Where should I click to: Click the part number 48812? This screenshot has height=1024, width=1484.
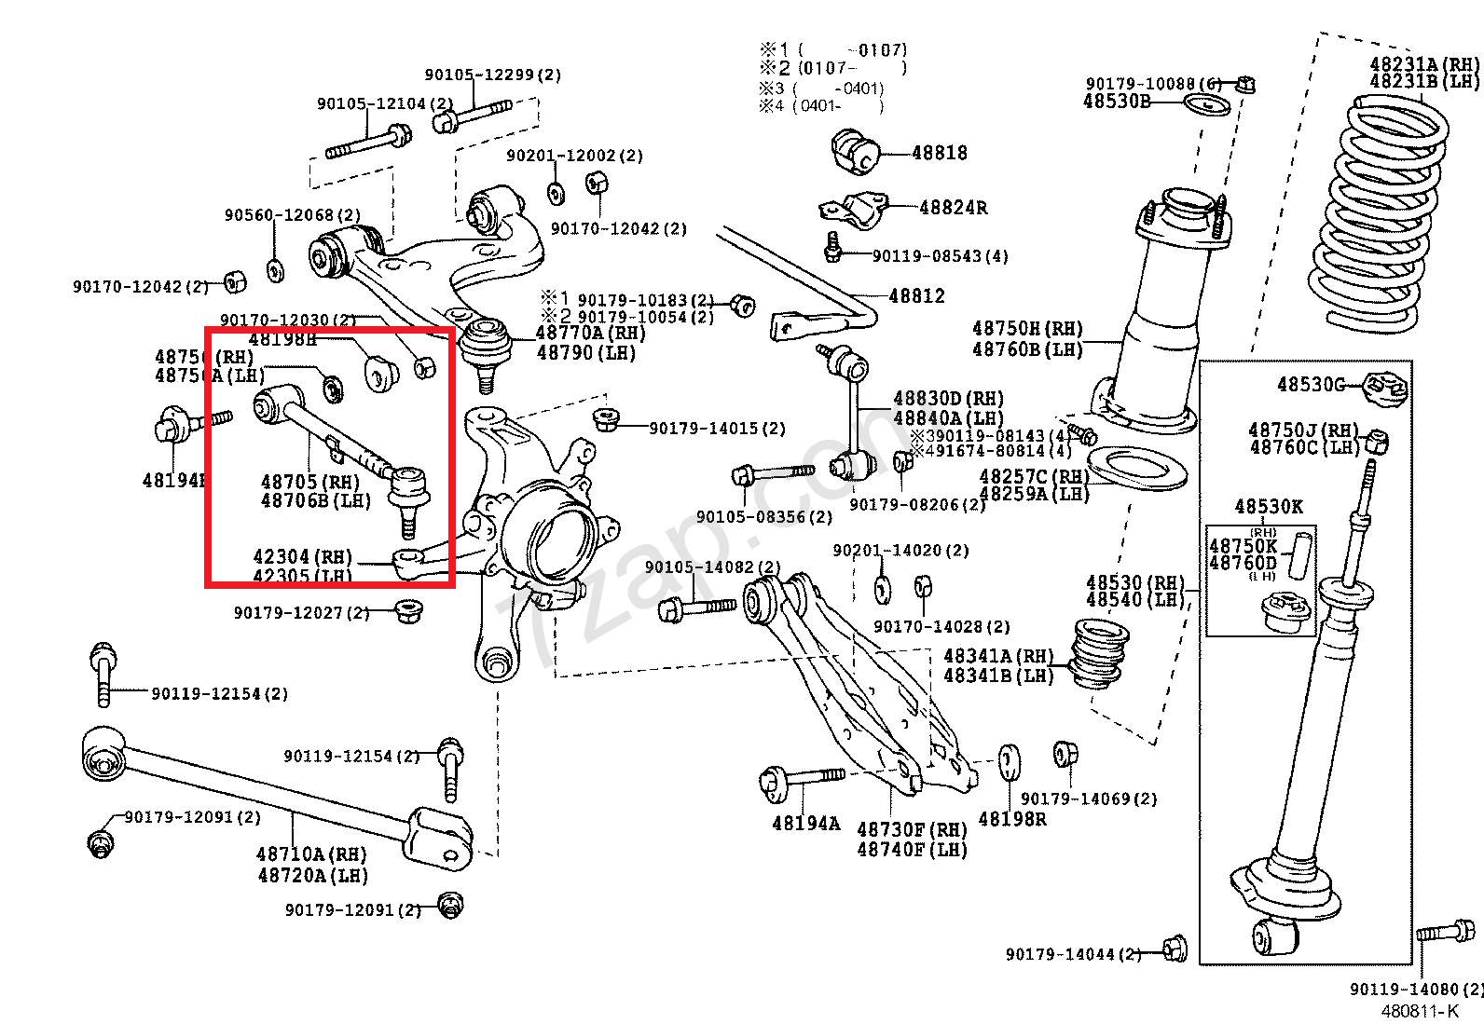coord(916,296)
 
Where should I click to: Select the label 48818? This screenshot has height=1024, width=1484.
coord(939,153)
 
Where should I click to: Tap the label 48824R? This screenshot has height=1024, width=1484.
coord(953,208)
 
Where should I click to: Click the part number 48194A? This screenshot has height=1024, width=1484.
coord(805,824)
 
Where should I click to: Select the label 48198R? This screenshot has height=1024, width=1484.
coord(1011,820)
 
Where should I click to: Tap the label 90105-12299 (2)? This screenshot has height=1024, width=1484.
coord(493,75)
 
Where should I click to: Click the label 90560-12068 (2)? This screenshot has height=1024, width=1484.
coord(292,215)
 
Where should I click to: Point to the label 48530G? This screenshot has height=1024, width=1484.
coord(1311,385)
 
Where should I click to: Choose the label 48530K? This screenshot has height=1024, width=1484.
coord(1269,507)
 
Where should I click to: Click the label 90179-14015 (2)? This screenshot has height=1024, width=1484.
coord(717,429)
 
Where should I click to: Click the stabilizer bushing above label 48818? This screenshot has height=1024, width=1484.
coord(855,152)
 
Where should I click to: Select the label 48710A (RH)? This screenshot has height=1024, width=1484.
coord(311,854)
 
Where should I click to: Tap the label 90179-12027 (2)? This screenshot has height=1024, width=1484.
coord(301,612)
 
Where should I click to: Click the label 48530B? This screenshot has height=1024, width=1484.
coord(1116,102)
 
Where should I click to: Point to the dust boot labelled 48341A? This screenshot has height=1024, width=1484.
coord(1099,654)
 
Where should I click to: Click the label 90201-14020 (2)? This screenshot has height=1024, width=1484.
coord(900,551)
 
